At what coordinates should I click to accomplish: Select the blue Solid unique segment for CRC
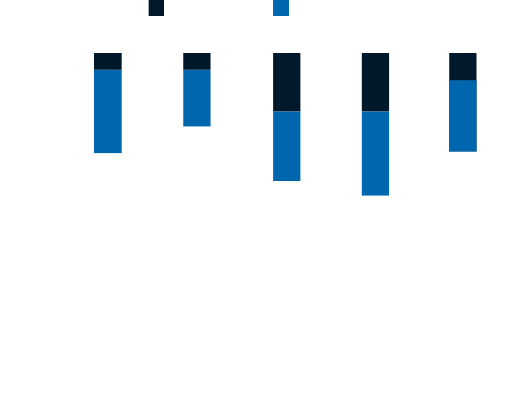tap(197, 98)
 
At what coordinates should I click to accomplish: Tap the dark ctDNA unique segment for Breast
tap(287, 82)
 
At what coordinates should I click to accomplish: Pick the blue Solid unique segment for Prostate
tap(375, 153)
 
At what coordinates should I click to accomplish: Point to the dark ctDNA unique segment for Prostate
tap(375, 82)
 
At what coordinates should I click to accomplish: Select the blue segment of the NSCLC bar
tap(107, 111)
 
